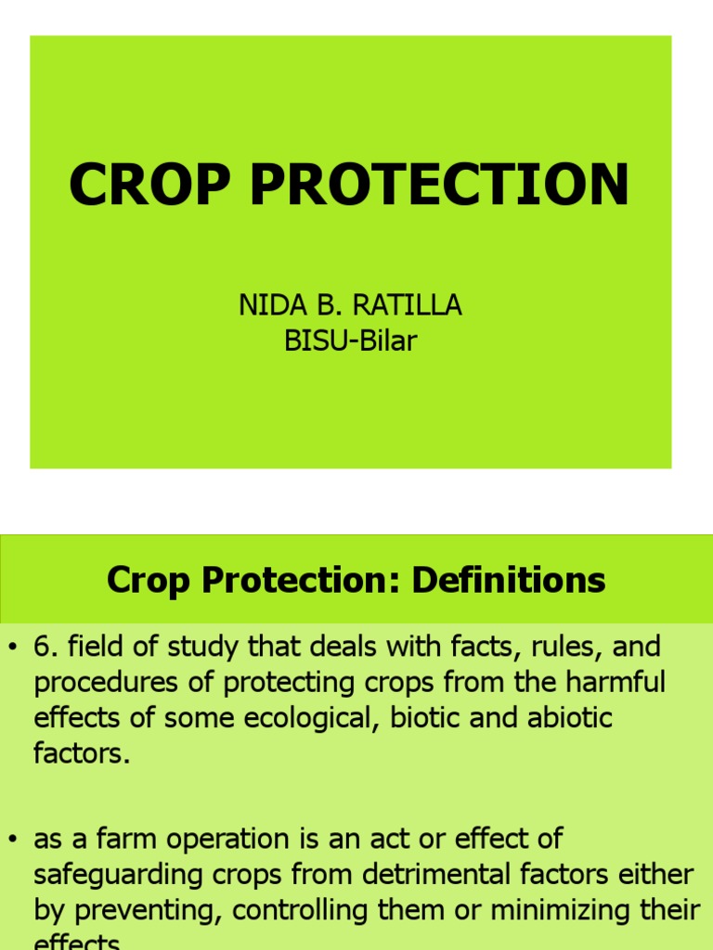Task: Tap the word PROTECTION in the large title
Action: [x=439, y=184]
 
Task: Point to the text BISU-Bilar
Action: [x=351, y=341]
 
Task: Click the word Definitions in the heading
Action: [x=509, y=581]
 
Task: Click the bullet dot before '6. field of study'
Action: [x=12, y=647]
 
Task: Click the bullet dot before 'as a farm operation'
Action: [x=12, y=840]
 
